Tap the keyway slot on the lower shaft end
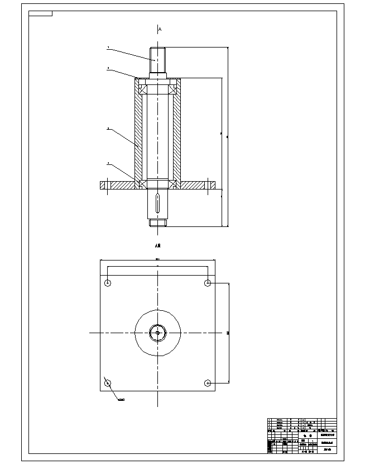(159, 202)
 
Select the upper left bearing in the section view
(143, 87)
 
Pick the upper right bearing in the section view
(174, 87)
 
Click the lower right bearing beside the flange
(174, 184)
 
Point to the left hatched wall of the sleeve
(137, 134)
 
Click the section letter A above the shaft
(160, 29)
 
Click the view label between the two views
(158, 245)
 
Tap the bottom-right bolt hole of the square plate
(208, 383)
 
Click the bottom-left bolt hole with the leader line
(108, 383)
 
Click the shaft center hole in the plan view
(158, 333)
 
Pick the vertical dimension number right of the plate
(228, 333)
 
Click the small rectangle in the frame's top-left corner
(40, 13)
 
